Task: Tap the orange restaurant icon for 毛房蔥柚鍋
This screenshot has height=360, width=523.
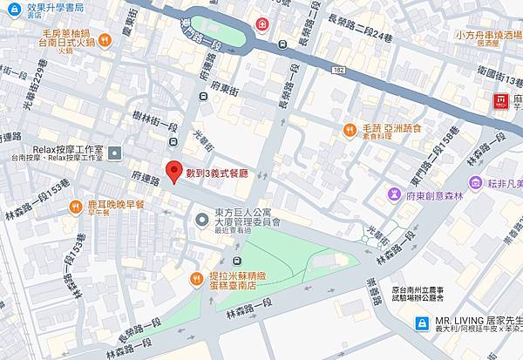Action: (105, 38)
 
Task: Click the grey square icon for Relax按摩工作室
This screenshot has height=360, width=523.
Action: (117, 153)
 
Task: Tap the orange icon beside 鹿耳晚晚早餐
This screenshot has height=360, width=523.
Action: (76, 207)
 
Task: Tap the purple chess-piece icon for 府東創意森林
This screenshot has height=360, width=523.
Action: (475, 182)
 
